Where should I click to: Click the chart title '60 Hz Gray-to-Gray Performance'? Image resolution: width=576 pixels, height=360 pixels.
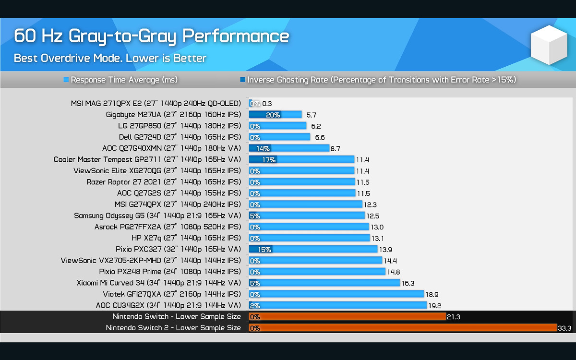[151, 36]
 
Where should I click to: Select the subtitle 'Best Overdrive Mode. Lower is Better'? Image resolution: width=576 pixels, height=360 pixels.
[110, 59]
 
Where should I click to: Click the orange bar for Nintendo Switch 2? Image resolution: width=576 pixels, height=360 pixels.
[403, 328]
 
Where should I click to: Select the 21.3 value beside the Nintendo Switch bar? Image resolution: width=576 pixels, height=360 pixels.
[454, 317]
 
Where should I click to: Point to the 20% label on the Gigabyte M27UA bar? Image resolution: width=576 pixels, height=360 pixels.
[273, 115]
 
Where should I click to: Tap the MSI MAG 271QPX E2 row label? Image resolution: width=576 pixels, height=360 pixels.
[156, 103]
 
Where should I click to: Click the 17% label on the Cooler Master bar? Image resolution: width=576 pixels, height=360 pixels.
[269, 160]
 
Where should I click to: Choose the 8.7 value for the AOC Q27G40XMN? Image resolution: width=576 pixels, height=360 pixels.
[336, 149]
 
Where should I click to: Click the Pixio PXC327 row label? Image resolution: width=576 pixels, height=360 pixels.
[178, 249]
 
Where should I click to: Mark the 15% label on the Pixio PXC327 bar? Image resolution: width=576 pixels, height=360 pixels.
[265, 250]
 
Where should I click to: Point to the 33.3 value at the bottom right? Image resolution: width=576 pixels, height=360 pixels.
[564, 328]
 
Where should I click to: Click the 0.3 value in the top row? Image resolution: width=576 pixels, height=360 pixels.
[267, 104]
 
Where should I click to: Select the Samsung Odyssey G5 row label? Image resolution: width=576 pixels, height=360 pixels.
[157, 216]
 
